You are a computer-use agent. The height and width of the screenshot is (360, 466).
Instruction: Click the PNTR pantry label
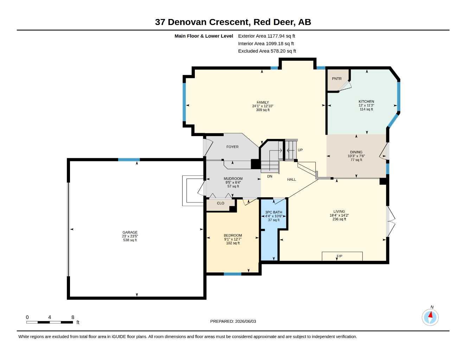tap(337, 79)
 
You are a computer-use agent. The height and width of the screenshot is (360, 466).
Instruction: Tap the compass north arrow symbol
tap(430, 317)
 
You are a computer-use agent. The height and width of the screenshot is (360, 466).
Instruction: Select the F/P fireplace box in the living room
tap(342, 256)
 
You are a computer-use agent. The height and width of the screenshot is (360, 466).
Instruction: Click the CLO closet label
tap(221, 203)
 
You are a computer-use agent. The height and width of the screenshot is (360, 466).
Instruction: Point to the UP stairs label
tap(300, 150)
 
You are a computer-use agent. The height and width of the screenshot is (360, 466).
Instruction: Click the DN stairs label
tap(269, 176)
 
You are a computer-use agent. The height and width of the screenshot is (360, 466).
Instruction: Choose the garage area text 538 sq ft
tap(130, 240)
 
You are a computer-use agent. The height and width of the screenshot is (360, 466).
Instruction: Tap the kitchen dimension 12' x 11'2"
tap(366, 105)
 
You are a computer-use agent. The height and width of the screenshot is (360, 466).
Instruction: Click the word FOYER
tap(232, 147)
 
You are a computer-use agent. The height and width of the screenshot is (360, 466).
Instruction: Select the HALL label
tap(292, 180)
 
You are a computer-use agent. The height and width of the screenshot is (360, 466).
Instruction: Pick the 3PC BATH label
tap(274, 212)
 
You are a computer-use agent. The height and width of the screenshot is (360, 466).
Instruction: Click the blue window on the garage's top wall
tap(129, 159)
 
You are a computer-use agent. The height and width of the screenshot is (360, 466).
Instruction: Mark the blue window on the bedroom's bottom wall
tap(232, 274)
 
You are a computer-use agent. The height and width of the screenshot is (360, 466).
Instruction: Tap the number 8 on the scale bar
tap(73, 317)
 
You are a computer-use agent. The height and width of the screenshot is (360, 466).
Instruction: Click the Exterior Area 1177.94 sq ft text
tap(267, 36)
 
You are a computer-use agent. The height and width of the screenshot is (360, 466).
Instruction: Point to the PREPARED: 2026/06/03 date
tap(233, 321)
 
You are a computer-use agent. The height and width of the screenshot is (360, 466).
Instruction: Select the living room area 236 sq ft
tap(339, 219)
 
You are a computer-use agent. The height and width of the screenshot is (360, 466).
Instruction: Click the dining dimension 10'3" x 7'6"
tap(356, 156)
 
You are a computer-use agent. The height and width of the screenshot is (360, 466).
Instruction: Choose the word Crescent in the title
tap(230, 22)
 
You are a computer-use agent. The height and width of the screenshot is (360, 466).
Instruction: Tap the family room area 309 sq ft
tap(263, 110)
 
